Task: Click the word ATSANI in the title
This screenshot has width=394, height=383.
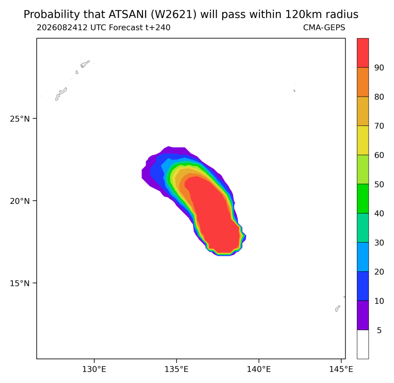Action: coord(128,15)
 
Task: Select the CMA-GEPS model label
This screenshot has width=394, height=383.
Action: coord(324,27)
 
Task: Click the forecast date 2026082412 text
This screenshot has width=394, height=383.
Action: coord(62,27)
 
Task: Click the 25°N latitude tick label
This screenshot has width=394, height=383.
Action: coord(20,119)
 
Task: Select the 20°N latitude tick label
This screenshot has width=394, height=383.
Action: coord(20,201)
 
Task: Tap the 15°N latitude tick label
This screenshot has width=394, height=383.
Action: coord(20,283)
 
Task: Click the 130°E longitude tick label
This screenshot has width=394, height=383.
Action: coord(94,369)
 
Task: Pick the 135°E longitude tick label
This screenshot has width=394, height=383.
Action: coord(176,369)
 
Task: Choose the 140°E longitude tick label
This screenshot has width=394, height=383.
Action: coord(259,369)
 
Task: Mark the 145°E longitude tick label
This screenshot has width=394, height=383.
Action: coord(341,369)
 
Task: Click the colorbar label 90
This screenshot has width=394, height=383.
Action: coord(379,68)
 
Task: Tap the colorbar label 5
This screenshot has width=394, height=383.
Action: coord(379,330)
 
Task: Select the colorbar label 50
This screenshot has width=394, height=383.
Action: coord(379,184)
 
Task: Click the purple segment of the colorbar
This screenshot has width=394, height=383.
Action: coord(363,315)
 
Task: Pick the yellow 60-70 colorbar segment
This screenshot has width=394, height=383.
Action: coord(363,140)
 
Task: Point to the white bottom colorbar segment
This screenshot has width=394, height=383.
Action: coord(363,345)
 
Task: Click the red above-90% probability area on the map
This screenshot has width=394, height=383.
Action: coord(213,216)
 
